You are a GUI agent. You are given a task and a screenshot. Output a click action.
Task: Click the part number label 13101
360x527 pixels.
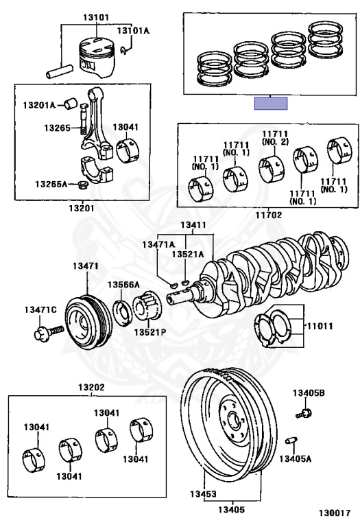(96, 17)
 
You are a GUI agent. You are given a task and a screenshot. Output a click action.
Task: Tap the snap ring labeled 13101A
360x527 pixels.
(124, 49)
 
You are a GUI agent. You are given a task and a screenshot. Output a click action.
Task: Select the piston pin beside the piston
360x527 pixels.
(59, 71)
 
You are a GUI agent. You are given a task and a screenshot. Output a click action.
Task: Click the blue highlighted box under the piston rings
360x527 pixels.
(271, 103)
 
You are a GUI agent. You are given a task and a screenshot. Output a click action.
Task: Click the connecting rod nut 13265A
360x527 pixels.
(82, 185)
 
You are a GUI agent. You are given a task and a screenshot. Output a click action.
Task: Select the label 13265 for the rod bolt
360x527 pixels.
(58, 128)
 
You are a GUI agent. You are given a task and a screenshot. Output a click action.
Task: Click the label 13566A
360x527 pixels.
(123, 285)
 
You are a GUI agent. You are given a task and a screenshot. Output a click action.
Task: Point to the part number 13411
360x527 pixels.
(193, 225)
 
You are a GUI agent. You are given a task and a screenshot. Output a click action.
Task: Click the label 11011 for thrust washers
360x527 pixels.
(319, 326)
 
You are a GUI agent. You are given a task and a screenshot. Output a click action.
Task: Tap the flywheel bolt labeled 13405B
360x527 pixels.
(304, 412)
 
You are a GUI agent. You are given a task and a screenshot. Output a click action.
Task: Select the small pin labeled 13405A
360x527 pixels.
(291, 441)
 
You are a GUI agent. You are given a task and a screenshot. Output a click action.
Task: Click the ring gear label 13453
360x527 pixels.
(203, 494)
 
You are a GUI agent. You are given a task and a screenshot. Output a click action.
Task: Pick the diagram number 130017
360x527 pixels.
(335, 513)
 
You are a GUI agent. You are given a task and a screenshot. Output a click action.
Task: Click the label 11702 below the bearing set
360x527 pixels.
(269, 215)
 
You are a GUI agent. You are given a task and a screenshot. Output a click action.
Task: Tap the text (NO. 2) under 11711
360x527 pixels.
(275, 142)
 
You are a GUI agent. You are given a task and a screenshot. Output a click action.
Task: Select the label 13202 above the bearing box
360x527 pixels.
(91, 387)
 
